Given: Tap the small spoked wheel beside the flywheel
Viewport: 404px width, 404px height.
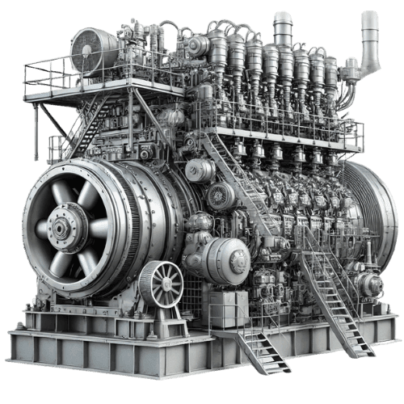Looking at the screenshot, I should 161,284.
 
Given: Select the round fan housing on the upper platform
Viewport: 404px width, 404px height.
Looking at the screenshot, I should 90,51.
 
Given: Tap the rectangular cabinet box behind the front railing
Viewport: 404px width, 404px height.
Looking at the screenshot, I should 228,309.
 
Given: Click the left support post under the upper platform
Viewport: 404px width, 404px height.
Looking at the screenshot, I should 37,129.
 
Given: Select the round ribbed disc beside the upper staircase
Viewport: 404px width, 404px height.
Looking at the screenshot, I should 220,196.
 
